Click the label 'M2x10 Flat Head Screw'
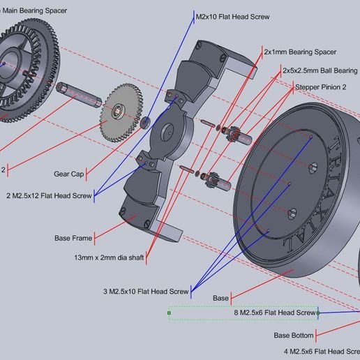[x=232, y=16]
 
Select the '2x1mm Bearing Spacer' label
[x=300, y=52]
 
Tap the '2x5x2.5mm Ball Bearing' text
[x=319, y=70]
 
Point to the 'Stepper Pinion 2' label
[x=323, y=87]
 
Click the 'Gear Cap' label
[x=70, y=174]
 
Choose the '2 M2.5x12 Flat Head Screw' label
[x=50, y=195]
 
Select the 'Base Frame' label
[x=73, y=238]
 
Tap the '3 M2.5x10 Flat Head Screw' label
[x=145, y=291]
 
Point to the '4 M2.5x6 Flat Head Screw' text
[x=322, y=351]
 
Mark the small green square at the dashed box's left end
[x=169, y=313]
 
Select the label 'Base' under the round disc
[x=220, y=299]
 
